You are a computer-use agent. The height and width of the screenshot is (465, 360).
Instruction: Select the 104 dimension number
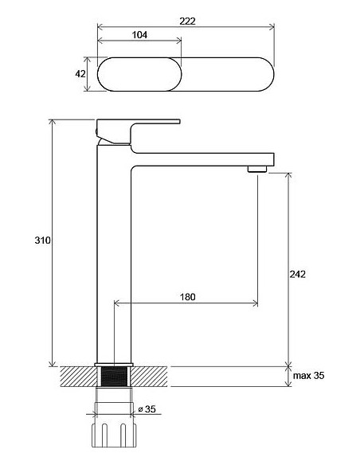pos(139,36)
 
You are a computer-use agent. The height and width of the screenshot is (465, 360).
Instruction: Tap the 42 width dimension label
pos(80,74)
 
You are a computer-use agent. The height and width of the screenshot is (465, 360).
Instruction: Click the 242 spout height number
pos(298,273)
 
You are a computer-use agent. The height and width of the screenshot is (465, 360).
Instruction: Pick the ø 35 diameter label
pos(147,410)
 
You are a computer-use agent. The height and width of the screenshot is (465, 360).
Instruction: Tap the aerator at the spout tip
pos(256,168)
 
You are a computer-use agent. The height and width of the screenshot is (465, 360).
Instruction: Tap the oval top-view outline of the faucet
pos(187,75)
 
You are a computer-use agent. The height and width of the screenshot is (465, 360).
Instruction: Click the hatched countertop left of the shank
pos(77,376)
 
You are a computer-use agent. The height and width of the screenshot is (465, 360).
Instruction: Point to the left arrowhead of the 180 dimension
pos(117,303)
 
